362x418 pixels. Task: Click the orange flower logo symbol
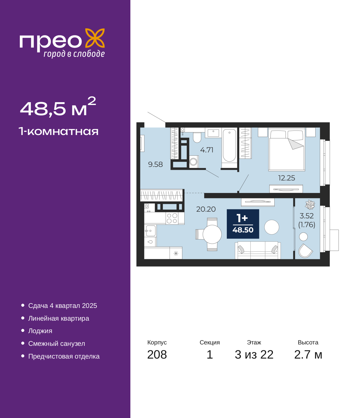[95, 38]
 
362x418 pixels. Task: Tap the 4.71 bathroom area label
[206, 150]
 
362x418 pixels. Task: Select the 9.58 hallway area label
[155, 164]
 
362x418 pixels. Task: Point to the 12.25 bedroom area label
[286, 178]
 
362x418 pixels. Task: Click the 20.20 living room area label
[206, 209]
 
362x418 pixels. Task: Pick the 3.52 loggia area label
[306, 216]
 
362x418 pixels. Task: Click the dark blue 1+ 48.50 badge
[243, 224]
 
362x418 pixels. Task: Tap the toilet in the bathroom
[197, 137]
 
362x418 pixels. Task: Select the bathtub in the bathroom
[229, 145]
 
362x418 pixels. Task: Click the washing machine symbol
[194, 162]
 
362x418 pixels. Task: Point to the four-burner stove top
[172, 218]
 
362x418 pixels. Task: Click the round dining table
[212, 234]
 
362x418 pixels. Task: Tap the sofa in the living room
[258, 250]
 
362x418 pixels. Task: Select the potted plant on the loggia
[310, 205]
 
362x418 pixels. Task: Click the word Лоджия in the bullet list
[40, 331]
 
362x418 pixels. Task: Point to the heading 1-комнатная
[59, 131]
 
